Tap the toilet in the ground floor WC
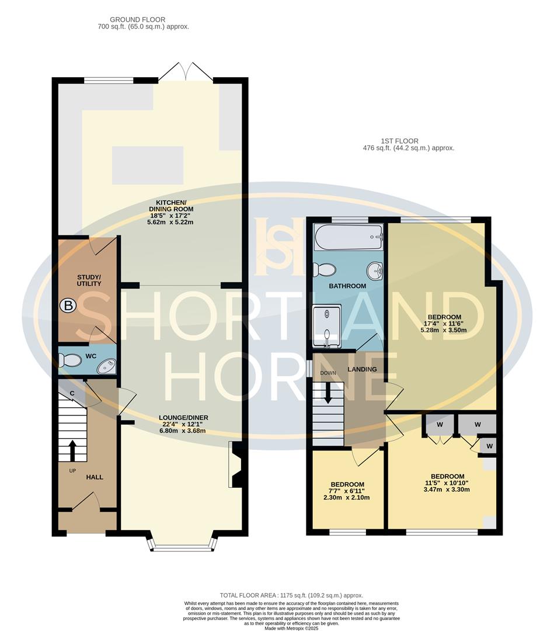click(x=71, y=361)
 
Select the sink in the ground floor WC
click(x=106, y=366)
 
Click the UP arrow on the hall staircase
click(x=72, y=450)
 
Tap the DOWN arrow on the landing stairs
click(x=328, y=391)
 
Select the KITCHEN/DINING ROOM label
click(x=171, y=205)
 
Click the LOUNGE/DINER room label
click(x=183, y=418)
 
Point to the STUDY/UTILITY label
click(x=89, y=280)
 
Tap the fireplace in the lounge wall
click(x=236, y=464)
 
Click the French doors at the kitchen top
click(x=186, y=72)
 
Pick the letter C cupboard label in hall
click(x=72, y=393)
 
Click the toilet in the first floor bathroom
click(x=325, y=269)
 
